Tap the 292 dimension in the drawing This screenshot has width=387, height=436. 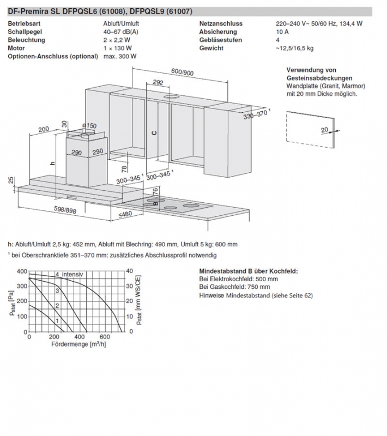pyautogui.click(x=158, y=83)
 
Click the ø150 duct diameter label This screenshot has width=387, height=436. pyautogui.click(x=89, y=126)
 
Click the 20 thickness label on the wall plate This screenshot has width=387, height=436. pyautogui.click(x=324, y=130)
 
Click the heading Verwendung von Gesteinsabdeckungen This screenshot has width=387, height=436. pyautogui.click(x=319, y=74)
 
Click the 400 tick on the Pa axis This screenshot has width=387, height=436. pyautogui.click(x=21, y=271)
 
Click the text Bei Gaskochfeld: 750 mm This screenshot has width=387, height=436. pyautogui.click(x=235, y=287)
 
